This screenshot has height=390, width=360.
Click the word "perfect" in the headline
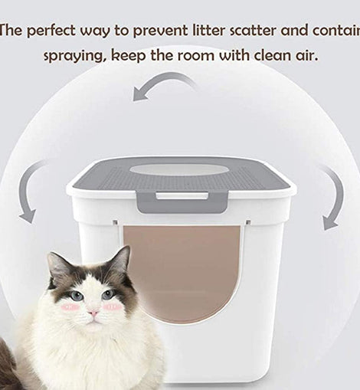coord(51,31)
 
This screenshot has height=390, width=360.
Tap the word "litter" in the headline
coord(210,30)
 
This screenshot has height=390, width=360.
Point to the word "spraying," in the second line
coord(75,57)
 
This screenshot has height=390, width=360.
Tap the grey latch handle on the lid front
coord(182,202)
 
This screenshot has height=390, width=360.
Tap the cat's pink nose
coord(93,313)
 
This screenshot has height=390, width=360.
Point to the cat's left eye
coord(76,297)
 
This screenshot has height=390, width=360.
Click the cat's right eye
coord(108,295)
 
